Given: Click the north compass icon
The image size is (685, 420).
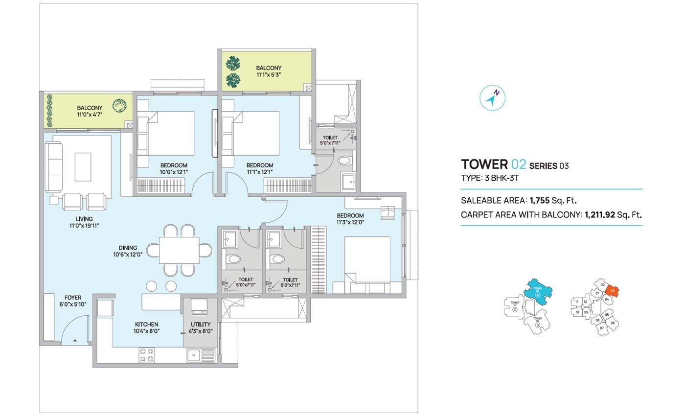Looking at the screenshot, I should [492, 97].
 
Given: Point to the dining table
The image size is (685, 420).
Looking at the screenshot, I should [179, 250].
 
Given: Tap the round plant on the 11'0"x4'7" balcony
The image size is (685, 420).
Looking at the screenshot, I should [119, 105].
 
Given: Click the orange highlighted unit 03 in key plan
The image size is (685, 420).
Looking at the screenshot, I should [612, 291].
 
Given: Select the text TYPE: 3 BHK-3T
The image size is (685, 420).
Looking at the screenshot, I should [490, 178].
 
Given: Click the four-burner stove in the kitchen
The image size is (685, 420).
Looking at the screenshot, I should [146, 355].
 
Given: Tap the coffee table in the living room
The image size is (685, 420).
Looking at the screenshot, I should [83, 166].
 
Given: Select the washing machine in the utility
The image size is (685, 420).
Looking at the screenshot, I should [199, 306].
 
